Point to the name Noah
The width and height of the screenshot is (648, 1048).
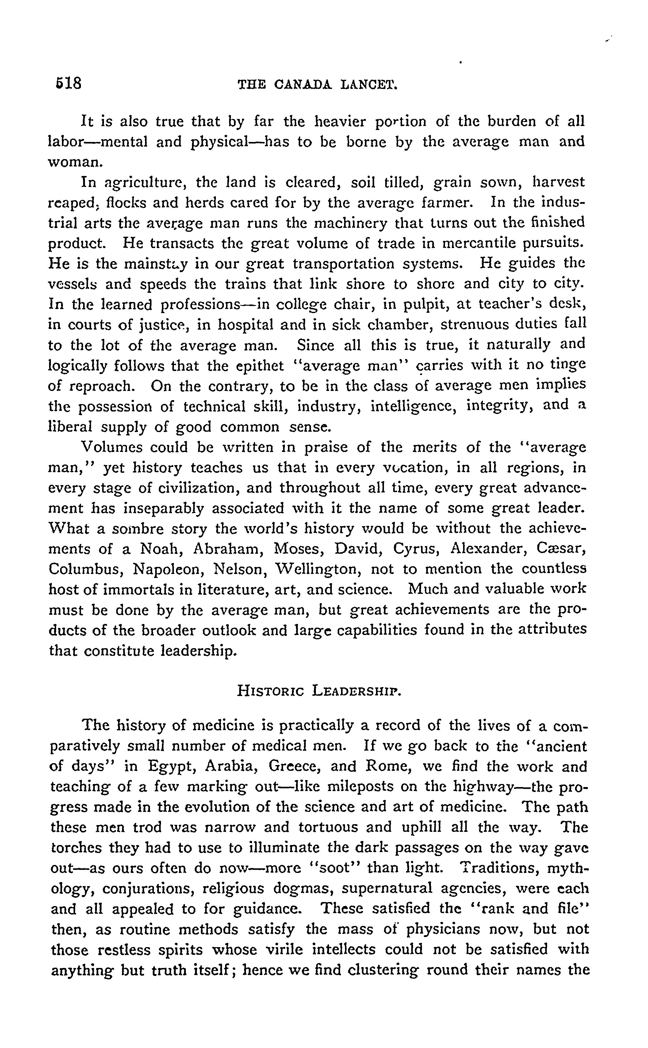pyautogui.click(x=161, y=549)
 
